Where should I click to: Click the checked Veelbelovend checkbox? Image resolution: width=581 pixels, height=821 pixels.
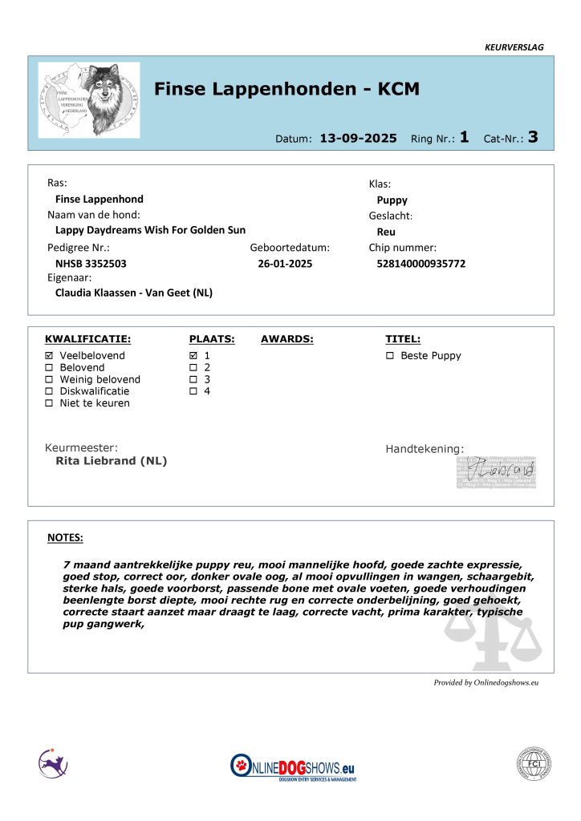pos(50,355)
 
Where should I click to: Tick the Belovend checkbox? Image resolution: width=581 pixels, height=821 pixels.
pos(50,367)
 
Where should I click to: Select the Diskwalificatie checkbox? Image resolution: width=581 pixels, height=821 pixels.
pos(50,391)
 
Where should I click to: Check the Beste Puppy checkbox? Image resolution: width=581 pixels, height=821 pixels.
pos(390,355)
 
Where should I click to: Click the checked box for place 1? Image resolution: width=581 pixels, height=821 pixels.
pos(193,355)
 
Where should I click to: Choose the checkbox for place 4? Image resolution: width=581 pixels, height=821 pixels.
pos(193,391)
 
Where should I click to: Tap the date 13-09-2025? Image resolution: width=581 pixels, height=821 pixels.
pos(358,138)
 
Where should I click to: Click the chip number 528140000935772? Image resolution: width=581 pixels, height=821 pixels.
pos(421,264)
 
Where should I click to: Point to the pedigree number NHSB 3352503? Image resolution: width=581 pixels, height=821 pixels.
pos(91,264)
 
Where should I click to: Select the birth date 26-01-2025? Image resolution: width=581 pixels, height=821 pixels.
pos(285,264)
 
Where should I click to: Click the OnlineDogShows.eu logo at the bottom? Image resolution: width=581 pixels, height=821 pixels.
pos(294,766)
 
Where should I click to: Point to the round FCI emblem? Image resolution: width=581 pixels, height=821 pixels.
pos(534,763)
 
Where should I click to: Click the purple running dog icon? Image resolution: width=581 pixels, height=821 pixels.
pos(53,762)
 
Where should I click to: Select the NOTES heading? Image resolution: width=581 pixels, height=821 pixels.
pos(65,538)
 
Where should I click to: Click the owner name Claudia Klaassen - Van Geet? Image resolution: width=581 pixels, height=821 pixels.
pos(134,293)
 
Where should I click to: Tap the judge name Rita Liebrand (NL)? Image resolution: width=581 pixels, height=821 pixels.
pos(112,461)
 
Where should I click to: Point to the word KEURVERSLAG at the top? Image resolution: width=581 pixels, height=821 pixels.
pos(514,47)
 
